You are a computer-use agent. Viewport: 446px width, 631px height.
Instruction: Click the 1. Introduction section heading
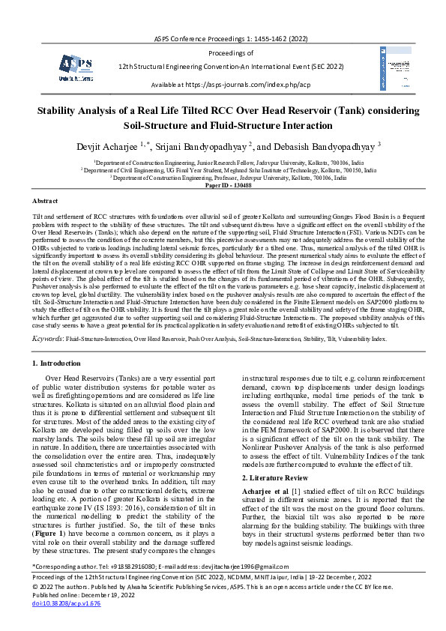60,363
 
